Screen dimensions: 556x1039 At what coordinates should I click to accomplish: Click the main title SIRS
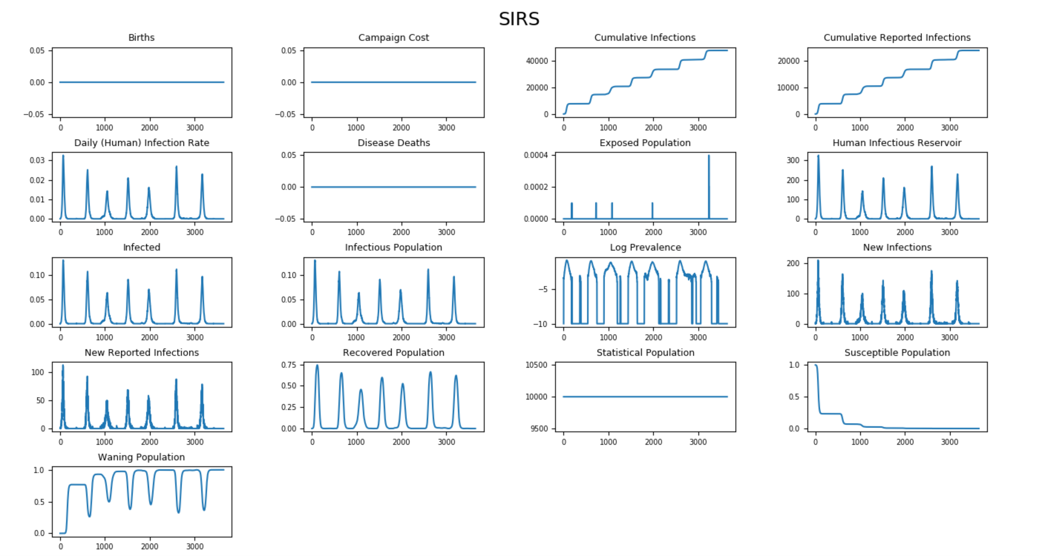click(519, 19)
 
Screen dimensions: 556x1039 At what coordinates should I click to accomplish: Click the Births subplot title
click(142, 38)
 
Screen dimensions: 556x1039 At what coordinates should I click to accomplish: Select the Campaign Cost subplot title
click(393, 38)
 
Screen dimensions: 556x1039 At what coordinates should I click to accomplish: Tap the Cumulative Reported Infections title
click(897, 38)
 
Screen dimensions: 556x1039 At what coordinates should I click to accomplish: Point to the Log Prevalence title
click(645, 247)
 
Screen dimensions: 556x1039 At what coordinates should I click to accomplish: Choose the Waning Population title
click(142, 457)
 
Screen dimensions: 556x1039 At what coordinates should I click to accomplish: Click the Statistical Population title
click(645, 352)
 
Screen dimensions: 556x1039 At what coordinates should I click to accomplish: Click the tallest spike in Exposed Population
click(708, 156)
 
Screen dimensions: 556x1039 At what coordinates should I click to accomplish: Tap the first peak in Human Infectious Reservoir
click(818, 156)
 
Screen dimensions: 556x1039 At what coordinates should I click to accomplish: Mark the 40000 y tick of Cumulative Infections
click(537, 61)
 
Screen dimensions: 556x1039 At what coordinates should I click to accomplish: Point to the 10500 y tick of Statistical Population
click(536, 365)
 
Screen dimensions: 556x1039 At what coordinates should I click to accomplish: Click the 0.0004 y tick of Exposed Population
click(536, 155)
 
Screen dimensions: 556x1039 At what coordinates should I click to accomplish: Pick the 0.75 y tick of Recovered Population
click(289, 365)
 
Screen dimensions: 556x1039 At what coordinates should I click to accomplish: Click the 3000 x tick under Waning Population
click(195, 547)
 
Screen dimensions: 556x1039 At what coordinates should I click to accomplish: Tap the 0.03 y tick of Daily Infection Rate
click(37, 160)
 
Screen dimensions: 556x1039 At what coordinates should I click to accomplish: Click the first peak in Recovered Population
click(317, 366)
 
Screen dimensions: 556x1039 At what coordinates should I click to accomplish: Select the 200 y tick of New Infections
click(793, 263)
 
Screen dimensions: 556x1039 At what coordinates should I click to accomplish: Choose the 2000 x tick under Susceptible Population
click(905, 442)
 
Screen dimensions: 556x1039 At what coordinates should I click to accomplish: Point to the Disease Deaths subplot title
click(393, 143)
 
